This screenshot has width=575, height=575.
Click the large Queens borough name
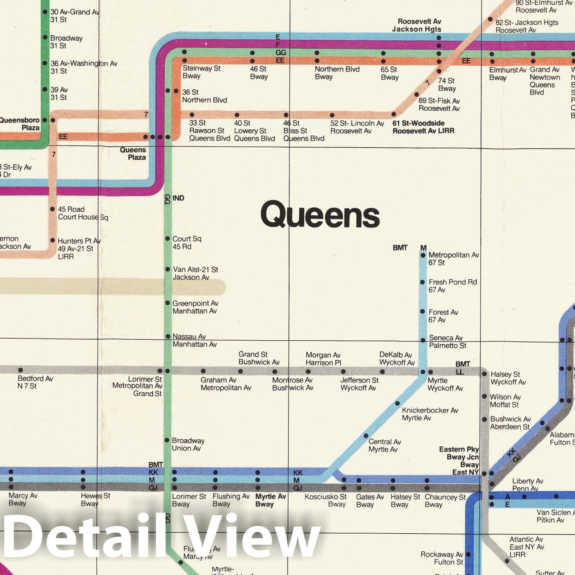320,215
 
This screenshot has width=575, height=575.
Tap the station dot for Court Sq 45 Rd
167,239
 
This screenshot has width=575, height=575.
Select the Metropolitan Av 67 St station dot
423,255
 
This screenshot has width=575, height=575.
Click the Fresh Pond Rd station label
452,286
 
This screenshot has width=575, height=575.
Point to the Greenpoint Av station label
195,307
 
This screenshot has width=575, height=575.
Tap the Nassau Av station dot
167,337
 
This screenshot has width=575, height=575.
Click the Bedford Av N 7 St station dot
20,370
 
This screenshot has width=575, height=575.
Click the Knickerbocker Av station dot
397,403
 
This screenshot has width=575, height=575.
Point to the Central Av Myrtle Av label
385,445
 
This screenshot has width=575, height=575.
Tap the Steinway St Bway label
201,72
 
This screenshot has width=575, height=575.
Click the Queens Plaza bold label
133,153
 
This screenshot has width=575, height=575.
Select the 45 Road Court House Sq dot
52,209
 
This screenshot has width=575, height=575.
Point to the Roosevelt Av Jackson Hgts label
417,25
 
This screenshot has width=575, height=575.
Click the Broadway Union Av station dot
167,440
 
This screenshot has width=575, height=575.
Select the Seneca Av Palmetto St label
447,341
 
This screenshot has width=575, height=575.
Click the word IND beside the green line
178,198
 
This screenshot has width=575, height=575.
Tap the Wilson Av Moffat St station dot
484,397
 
